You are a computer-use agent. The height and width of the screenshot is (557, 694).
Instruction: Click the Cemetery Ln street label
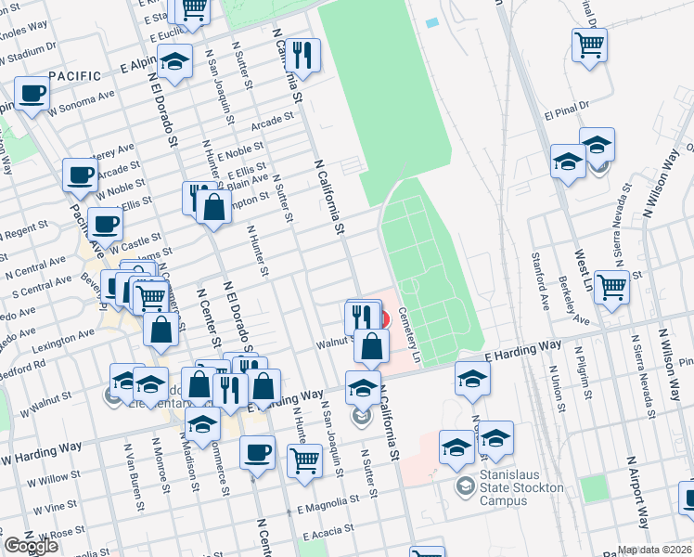click(x=408, y=334)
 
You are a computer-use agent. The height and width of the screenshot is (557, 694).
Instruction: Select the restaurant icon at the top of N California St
click(x=302, y=55)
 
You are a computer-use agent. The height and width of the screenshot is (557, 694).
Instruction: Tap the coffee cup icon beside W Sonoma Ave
click(x=32, y=96)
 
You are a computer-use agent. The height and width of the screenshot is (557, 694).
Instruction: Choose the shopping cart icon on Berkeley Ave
click(x=611, y=288)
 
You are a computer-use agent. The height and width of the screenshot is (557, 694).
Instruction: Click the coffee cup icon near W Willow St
click(x=257, y=453)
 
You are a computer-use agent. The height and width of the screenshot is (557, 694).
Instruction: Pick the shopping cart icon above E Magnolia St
click(x=304, y=460)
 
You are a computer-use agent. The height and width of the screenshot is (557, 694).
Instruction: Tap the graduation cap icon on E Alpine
click(x=174, y=61)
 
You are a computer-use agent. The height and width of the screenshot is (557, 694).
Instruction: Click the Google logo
click(x=31, y=546)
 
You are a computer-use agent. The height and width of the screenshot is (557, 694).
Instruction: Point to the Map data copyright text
click(x=655, y=550)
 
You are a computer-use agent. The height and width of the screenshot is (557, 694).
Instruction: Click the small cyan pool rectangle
click(x=431, y=22)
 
